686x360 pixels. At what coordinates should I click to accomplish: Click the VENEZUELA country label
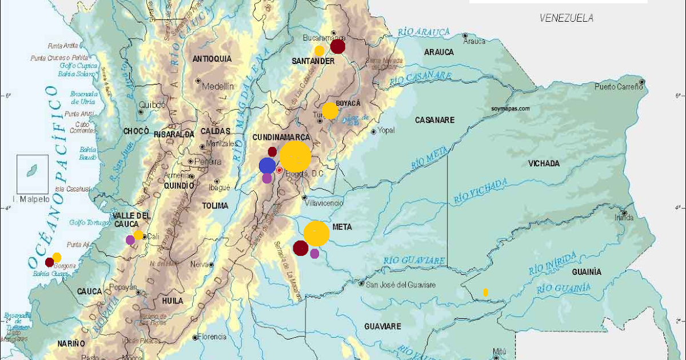click(x=567, y=18)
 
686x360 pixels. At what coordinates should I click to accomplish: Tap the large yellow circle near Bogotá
click(x=295, y=155)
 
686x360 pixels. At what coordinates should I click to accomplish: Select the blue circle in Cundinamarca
click(x=267, y=166)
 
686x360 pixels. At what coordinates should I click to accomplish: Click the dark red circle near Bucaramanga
click(x=338, y=46)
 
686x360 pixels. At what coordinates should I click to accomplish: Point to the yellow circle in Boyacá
click(x=330, y=110)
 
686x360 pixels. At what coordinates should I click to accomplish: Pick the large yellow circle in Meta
click(x=316, y=233)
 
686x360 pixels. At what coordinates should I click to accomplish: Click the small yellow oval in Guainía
click(x=485, y=292)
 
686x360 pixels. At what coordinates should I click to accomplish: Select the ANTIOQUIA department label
click(x=212, y=59)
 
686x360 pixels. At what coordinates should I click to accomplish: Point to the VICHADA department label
click(x=544, y=163)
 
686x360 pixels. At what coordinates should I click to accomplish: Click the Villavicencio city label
click(x=324, y=203)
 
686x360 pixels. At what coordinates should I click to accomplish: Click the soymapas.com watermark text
click(x=510, y=107)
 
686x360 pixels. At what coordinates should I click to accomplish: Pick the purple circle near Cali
click(x=130, y=240)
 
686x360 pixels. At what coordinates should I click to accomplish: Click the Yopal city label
click(x=386, y=130)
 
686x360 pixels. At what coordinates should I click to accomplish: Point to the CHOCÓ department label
click(x=136, y=131)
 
